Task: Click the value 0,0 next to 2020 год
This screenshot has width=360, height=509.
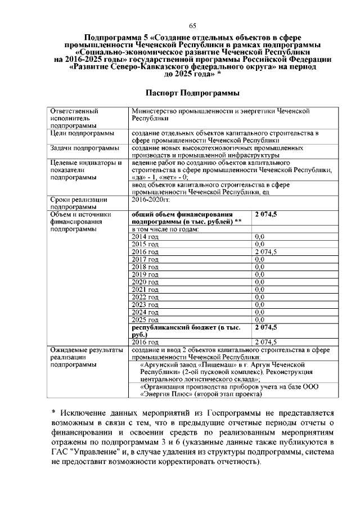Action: click(x=260, y=281)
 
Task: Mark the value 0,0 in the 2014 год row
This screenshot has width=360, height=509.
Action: click(x=260, y=237)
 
